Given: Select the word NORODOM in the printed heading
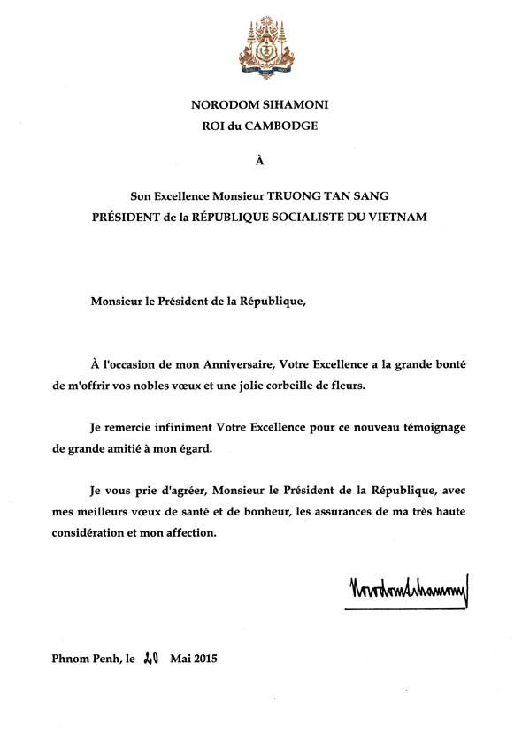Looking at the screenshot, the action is [x=222, y=104].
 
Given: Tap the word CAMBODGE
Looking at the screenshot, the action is [x=283, y=126].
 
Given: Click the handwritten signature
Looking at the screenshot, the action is [x=410, y=588].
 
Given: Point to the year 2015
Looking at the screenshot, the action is [x=204, y=659].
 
